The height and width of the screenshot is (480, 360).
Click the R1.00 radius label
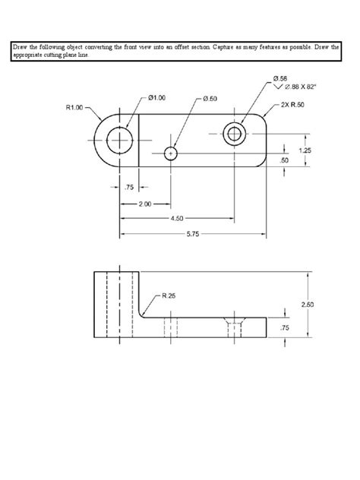pyautogui.click(x=74, y=107)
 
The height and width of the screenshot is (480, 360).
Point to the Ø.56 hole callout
pyautogui.click(x=279, y=79)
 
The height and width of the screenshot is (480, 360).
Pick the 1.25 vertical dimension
pyautogui.click(x=305, y=150)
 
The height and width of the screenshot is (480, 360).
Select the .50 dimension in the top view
pyautogui.click(x=284, y=160)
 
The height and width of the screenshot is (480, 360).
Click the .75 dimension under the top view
pyautogui.click(x=128, y=187)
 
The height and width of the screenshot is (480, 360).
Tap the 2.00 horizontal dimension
pyautogui.click(x=144, y=204)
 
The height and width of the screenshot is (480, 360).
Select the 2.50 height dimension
pyautogui.click(x=307, y=305)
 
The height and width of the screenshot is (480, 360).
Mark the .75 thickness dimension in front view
pyautogui.click(x=284, y=328)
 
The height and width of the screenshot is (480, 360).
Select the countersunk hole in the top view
pyautogui.click(x=235, y=134)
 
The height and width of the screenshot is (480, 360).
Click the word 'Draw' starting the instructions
pyautogui.click(x=20, y=46)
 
